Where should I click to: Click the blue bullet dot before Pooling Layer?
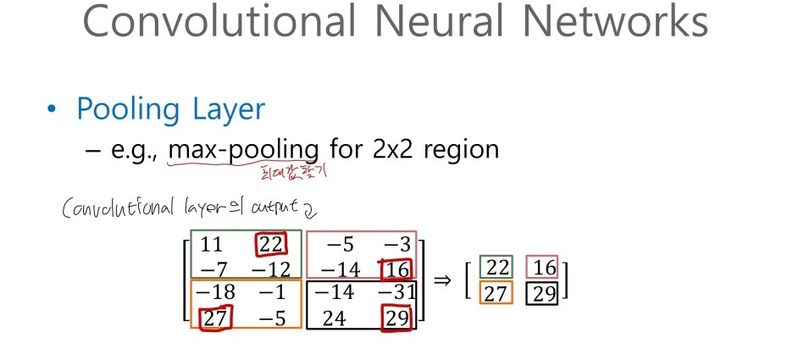(54, 111)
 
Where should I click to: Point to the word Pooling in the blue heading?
(119, 110)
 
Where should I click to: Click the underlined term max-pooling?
(244, 151)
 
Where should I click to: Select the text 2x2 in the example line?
(391, 150)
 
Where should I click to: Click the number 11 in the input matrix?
(212, 246)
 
